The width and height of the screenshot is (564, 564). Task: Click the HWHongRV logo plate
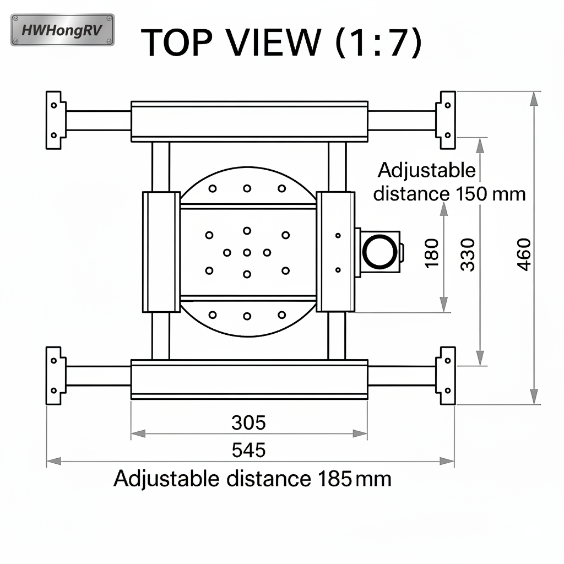pos(62,30)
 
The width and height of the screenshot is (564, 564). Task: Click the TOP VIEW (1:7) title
pos(281,43)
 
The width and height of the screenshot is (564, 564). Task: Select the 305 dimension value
pos(248,423)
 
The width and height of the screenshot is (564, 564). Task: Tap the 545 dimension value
pos(248,450)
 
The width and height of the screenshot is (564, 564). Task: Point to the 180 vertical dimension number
pos(432,253)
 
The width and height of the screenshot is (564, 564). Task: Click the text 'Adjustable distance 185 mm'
pos(252,479)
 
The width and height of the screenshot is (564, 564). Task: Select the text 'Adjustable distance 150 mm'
pos(449,182)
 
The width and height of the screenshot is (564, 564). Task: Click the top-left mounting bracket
pos(55,120)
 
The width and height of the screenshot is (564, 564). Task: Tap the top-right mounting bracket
pos(446,120)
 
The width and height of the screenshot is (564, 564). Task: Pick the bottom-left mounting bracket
pos(55,376)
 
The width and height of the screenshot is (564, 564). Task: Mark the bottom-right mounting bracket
pos(446,376)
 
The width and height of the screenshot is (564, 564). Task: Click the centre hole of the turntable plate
pos(247,252)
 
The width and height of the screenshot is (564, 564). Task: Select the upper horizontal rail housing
pos(249,121)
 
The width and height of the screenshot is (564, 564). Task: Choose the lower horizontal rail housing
pos(249,379)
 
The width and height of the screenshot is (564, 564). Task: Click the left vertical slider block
pos(161,252)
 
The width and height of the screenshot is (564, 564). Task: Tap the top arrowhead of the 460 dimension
pos(533,99)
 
